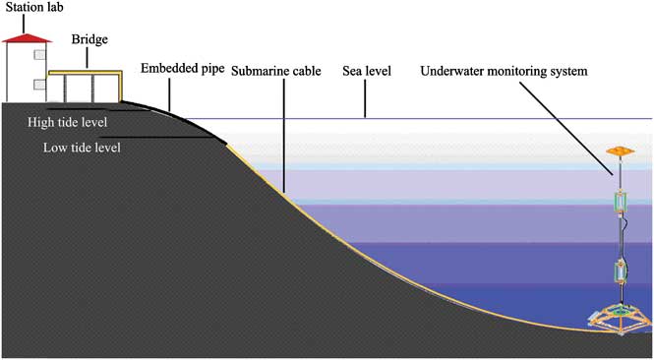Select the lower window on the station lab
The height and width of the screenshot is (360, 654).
(x=36, y=83)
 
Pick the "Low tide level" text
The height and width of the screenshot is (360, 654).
(x=81, y=149)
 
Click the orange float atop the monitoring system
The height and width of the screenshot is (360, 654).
(x=620, y=152)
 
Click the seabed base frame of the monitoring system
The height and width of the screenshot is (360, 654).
(x=621, y=317)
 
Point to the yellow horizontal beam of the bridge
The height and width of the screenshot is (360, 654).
(x=84, y=73)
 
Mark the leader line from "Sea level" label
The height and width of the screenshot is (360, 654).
(x=365, y=98)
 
